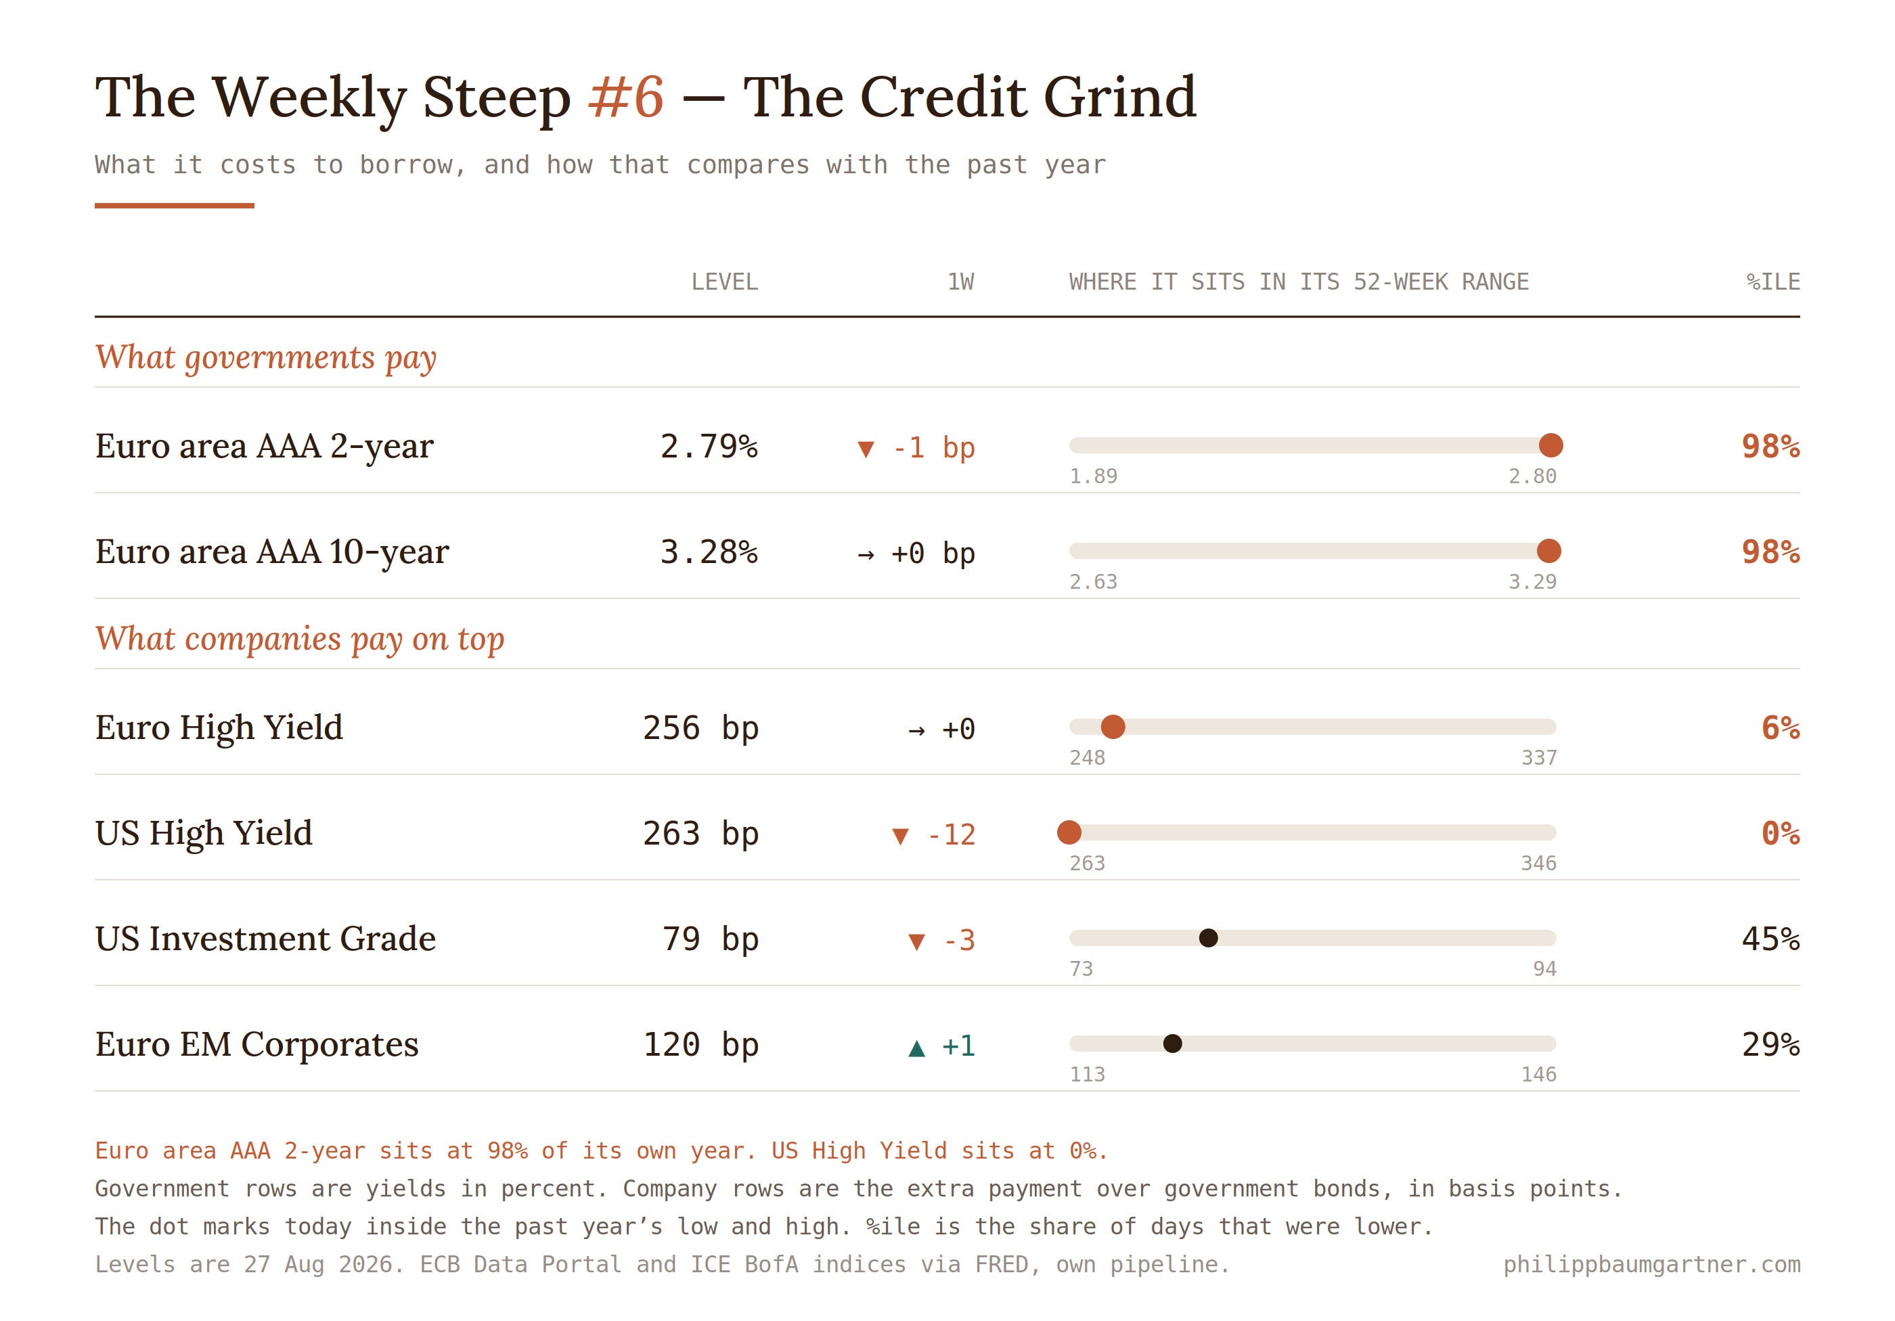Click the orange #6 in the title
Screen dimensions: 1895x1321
click(x=625, y=97)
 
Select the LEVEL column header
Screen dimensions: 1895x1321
click(x=724, y=282)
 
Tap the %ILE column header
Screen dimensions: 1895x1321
click(x=1773, y=282)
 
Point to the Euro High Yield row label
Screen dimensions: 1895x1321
click(x=219, y=727)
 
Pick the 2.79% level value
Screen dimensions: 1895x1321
click(x=708, y=447)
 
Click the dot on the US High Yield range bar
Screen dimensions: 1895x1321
click(x=1069, y=832)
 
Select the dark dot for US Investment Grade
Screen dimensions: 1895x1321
click(x=1208, y=938)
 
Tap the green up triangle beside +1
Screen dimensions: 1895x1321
click(x=916, y=1048)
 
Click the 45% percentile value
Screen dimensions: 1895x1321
click(x=1770, y=939)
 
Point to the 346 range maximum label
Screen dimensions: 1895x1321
click(x=1538, y=863)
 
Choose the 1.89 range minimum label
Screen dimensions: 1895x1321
click(x=1093, y=476)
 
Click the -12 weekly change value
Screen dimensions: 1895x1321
click(x=951, y=835)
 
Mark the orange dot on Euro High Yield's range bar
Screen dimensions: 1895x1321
click(x=1113, y=727)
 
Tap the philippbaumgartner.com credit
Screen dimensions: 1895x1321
click(x=1651, y=1265)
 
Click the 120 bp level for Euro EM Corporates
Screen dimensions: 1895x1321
click(x=700, y=1045)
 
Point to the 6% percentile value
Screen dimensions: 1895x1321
click(x=1780, y=727)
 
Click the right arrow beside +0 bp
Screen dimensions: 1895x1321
click(x=866, y=554)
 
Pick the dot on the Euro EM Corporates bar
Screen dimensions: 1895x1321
click(x=1172, y=1044)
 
